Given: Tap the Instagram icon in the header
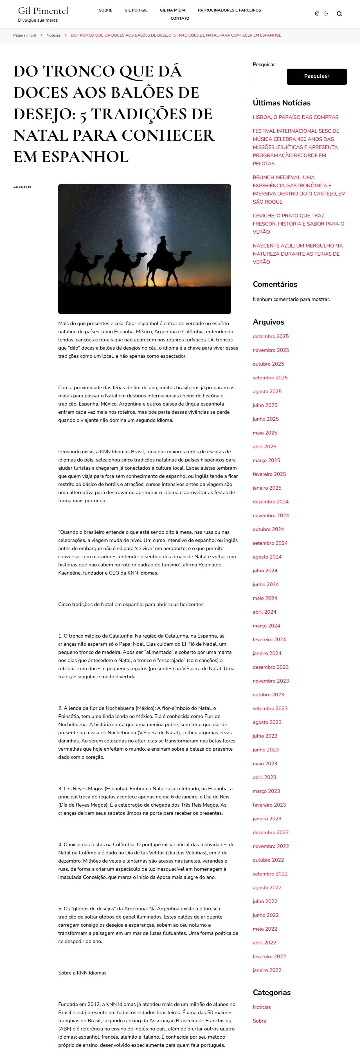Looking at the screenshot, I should point(317,13).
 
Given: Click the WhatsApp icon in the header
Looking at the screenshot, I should point(325,13).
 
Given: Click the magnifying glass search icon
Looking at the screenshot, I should point(339,13).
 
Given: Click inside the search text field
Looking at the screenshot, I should point(268,76).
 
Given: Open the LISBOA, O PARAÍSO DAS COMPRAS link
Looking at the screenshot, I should point(295,117).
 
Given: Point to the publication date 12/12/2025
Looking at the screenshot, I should point(22,187).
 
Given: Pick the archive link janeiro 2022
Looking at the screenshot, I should point(267,970).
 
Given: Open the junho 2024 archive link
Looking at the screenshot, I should point(266,584).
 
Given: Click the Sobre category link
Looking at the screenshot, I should point(259,1021).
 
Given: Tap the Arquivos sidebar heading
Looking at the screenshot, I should point(268,322).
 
